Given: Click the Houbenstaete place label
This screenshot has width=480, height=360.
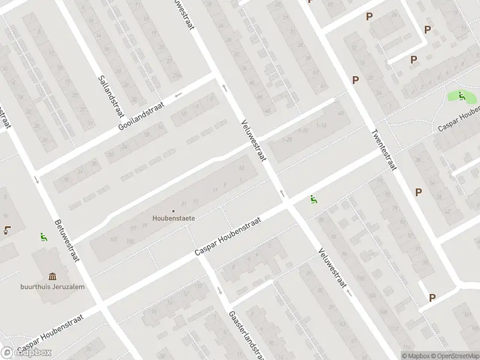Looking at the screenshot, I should pyautogui.click(x=173, y=219).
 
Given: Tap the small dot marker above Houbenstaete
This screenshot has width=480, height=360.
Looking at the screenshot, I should pyautogui.click(x=173, y=211).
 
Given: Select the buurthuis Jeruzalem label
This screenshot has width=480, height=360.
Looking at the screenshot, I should pyautogui.click(x=52, y=286).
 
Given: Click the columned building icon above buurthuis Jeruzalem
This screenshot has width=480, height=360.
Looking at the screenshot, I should pyautogui.click(x=52, y=277).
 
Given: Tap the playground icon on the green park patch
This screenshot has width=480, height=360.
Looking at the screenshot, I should pyautogui.click(x=461, y=95).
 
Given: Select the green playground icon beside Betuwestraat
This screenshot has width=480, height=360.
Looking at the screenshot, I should pyautogui.click(x=43, y=237).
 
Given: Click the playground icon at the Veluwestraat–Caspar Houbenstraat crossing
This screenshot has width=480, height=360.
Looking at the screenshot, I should pyautogui.click(x=313, y=199).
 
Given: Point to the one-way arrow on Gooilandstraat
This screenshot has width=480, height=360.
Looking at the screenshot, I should pyautogui.click(x=178, y=95).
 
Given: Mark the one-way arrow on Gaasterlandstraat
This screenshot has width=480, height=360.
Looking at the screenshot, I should pyautogui.click(x=221, y=292).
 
